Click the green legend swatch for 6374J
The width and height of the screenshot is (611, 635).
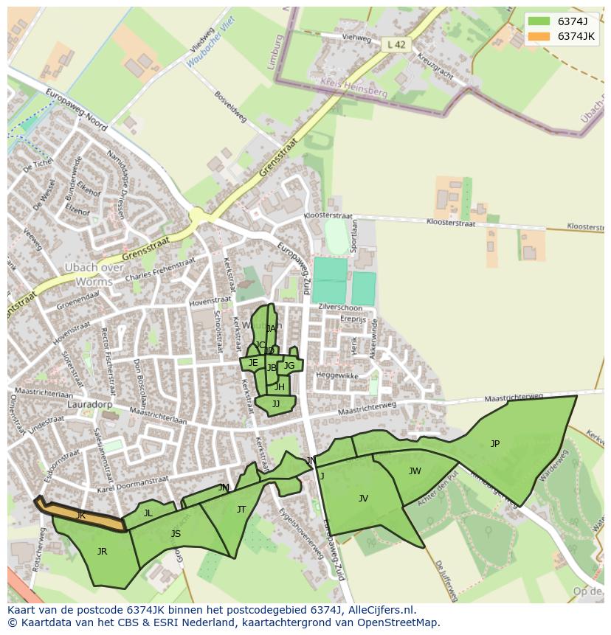coord(539,21)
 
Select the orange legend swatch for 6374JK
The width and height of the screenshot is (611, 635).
coord(539,36)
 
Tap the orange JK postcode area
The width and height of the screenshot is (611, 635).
coord(81,516)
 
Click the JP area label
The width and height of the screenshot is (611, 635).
coord(495,444)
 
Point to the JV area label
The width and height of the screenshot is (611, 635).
coord(363,499)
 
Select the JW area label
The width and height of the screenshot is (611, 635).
coord(415,471)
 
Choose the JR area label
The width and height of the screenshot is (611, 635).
coord(102,552)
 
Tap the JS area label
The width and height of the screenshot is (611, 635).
coord(176,534)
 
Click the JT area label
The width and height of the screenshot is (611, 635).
coord(241,510)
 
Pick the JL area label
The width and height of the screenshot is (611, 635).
coord(148,513)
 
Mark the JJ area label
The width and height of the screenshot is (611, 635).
coord(276,404)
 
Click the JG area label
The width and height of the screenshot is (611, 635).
coord(289,366)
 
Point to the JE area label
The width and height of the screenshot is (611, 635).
coord(253,363)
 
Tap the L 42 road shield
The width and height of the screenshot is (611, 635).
coord(396,45)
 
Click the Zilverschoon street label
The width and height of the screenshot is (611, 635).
coord(342,308)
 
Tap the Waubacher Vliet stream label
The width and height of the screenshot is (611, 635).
coord(210,43)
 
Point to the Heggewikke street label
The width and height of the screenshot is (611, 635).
coord(337,376)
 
